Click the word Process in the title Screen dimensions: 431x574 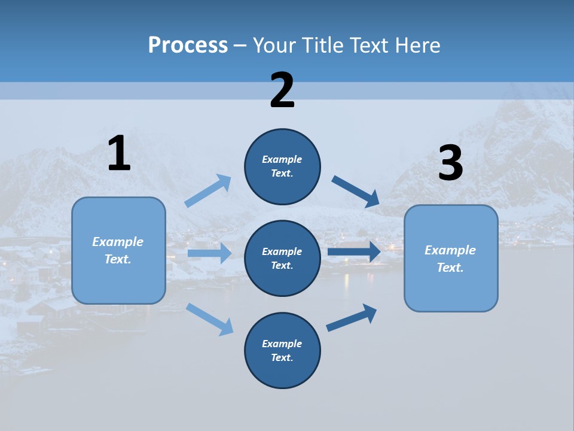point(188,45)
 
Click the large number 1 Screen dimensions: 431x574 point(119,154)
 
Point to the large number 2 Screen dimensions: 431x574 point(282,90)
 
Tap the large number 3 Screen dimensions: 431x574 point(450,163)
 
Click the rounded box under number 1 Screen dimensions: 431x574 point(118,250)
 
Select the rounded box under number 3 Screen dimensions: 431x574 point(451,258)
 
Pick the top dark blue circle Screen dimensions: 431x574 point(282,166)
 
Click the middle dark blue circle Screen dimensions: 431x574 point(282,258)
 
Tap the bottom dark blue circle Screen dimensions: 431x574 point(282,350)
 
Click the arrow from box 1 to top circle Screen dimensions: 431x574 point(208,191)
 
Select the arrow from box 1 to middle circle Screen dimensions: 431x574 point(209,253)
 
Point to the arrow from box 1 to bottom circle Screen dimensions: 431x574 point(209,319)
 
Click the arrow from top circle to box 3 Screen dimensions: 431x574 point(356,191)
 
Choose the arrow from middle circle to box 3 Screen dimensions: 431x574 point(354,251)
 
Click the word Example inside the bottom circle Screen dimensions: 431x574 point(282,344)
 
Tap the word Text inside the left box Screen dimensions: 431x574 point(118,259)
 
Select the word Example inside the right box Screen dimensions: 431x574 point(450,250)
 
